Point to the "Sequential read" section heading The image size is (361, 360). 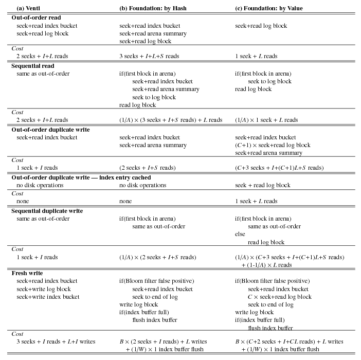33,66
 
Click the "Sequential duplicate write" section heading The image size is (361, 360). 47,211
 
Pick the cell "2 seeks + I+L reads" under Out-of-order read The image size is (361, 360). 42,56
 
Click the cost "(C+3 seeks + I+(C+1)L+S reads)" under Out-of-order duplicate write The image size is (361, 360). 279,168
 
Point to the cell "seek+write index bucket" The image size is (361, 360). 48,297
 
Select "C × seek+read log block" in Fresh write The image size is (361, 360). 280,297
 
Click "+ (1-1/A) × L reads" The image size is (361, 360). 266,265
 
